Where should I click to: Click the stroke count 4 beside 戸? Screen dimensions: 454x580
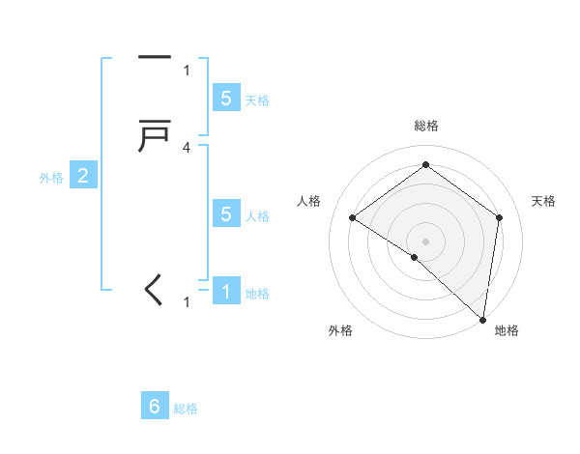click(x=187, y=148)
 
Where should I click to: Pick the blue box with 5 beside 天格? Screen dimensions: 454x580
click(x=226, y=99)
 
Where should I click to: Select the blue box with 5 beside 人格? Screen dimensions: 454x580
click(x=226, y=214)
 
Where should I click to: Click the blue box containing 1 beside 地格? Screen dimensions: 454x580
click(x=226, y=291)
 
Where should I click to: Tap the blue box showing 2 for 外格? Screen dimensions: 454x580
click(x=83, y=176)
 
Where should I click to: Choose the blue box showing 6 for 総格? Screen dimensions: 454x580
click(x=155, y=407)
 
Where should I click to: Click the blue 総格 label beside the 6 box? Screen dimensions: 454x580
click(x=186, y=409)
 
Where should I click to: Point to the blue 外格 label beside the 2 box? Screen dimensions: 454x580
click(x=50, y=178)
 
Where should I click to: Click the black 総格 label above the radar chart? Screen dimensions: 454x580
click(x=425, y=126)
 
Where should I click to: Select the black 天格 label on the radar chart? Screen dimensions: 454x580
click(x=544, y=201)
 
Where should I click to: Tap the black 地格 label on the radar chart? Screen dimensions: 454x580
click(x=507, y=331)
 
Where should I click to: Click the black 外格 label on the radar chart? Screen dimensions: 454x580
click(x=340, y=331)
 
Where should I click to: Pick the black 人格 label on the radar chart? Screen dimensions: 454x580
click(x=309, y=201)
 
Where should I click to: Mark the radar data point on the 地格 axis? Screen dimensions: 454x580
click(x=483, y=320)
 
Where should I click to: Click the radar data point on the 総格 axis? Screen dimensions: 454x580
click(x=425, y=164)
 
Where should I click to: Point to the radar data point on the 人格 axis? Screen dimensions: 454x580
click(x=353, y=218)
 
